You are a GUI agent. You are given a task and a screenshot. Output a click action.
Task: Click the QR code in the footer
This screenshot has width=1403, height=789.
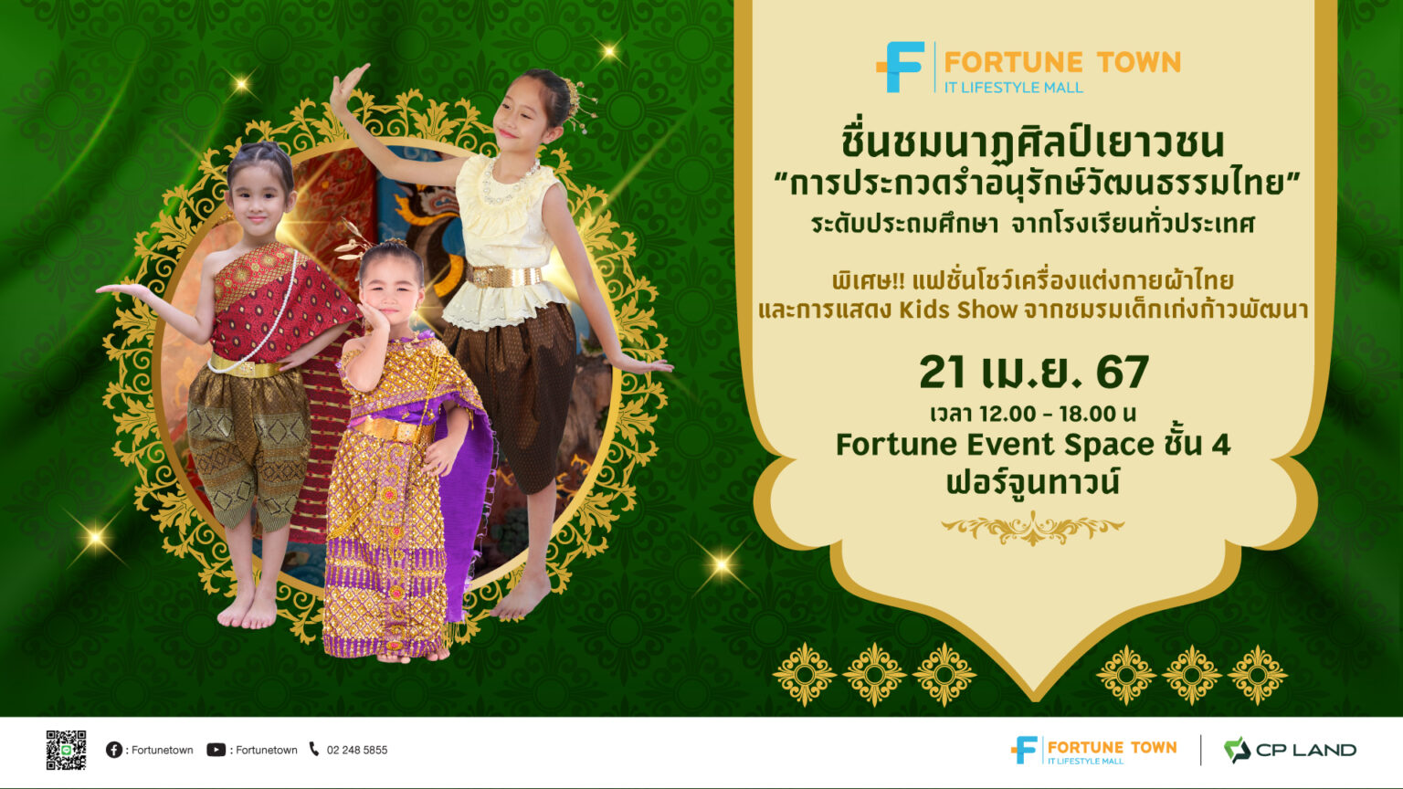tap(66, 750)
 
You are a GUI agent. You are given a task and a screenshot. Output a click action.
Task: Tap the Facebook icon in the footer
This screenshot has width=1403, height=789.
tap(114, 750)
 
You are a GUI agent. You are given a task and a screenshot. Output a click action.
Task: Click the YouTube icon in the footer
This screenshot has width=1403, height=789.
tap(216, 750)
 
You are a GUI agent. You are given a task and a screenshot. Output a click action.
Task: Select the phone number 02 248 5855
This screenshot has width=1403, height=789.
tap(356, 750)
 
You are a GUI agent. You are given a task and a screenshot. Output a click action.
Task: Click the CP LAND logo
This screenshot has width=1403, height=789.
tap(1290, 750)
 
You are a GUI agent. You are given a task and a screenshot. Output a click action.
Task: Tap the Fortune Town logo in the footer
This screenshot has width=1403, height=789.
tap(1093, 750)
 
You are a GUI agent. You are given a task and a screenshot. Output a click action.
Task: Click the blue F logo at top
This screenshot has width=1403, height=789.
tap(902, 67)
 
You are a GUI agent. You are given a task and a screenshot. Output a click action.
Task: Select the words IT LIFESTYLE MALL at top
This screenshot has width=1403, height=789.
tap(1013, 88)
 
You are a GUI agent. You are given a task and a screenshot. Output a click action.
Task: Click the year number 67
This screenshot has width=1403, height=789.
tap(1122, 373)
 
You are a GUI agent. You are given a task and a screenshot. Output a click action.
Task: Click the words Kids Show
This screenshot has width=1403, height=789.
tap(958, 310)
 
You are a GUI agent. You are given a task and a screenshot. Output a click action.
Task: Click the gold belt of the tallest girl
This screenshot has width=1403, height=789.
tap(503, 276)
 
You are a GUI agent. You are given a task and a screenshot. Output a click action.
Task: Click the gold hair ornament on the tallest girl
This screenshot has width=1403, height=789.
tap(575, 100)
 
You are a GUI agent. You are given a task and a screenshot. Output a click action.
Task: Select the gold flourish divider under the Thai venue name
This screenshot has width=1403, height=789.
tap(1032, 527)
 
